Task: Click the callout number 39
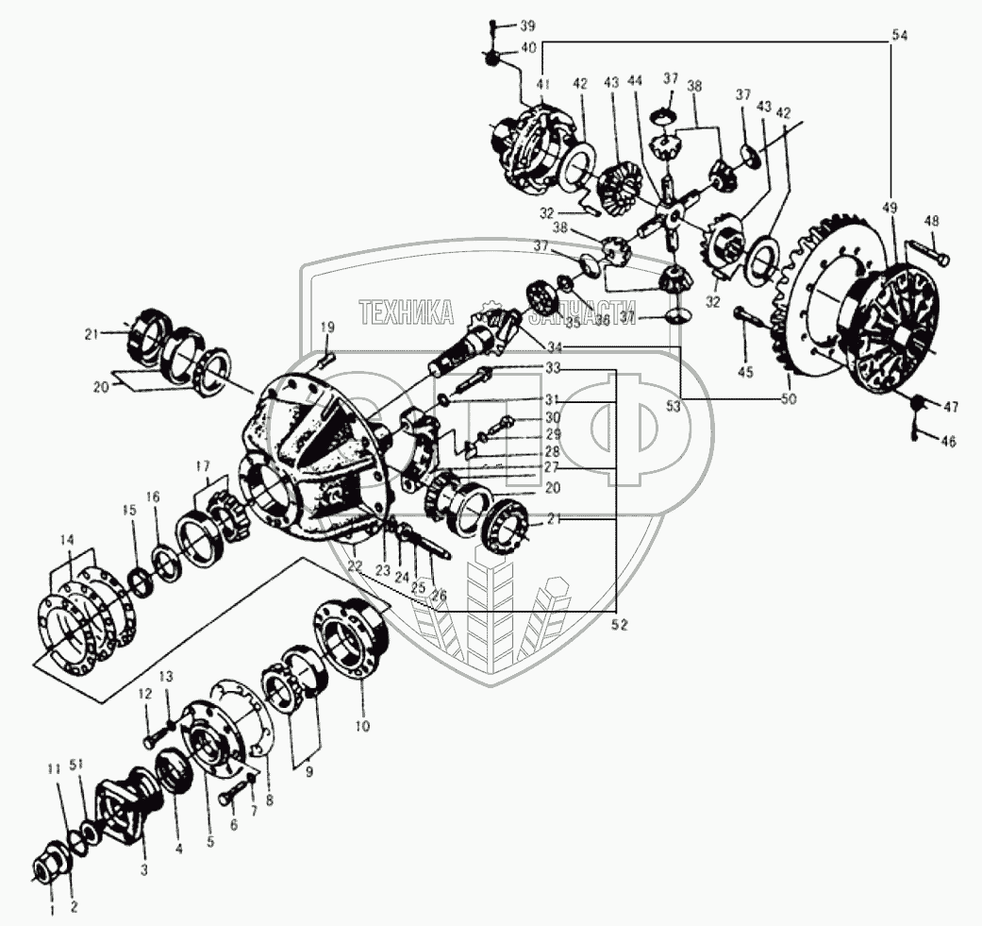click(x=527, y=25)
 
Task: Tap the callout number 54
click(x=899, y=35)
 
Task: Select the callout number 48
click(x=931, y=221)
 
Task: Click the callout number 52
click(x=619, y=624)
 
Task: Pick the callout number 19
click(x=326, y=328)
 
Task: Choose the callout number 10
click(x=362, y=727)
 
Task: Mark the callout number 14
click(x=66, y=539)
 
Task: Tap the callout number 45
click(x=745, y=373)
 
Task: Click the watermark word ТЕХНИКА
click(x=405, y=312)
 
